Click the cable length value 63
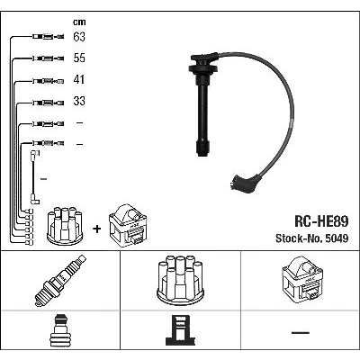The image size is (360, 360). [x=79, y=37]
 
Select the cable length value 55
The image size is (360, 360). [x=79, y=58]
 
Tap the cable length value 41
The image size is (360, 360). [x=79, y=79]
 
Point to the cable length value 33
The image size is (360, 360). [x=79, y=101]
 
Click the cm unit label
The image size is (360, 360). [x=79, y=22]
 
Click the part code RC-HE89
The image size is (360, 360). [x=321, y=222]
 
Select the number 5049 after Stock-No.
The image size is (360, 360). [x=337, y=238]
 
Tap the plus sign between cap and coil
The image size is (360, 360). [x=97, y=229]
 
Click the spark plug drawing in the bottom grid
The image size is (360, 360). [x=60, y=281]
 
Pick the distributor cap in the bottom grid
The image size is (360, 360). [x=180, y=280]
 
